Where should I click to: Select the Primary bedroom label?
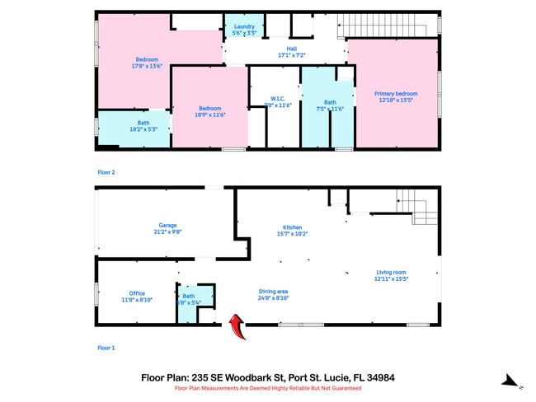point(395,96)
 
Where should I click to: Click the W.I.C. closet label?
point(268,102)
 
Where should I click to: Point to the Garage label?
point(167,228)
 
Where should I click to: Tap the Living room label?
point(391,275)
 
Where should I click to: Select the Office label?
point(137,296)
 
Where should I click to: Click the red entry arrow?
point(237,327)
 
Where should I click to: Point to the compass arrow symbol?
point(511,381)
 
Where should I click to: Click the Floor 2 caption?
point(106,172)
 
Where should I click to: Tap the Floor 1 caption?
point(106,348)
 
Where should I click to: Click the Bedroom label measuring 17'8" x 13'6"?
point(148,62)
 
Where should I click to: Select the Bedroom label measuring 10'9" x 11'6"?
point(209,111)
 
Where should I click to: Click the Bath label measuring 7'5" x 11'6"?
point(330,105)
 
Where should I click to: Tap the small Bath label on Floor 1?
point(189,298)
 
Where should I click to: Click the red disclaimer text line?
point(268,387)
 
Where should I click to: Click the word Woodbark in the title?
point(282,377)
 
